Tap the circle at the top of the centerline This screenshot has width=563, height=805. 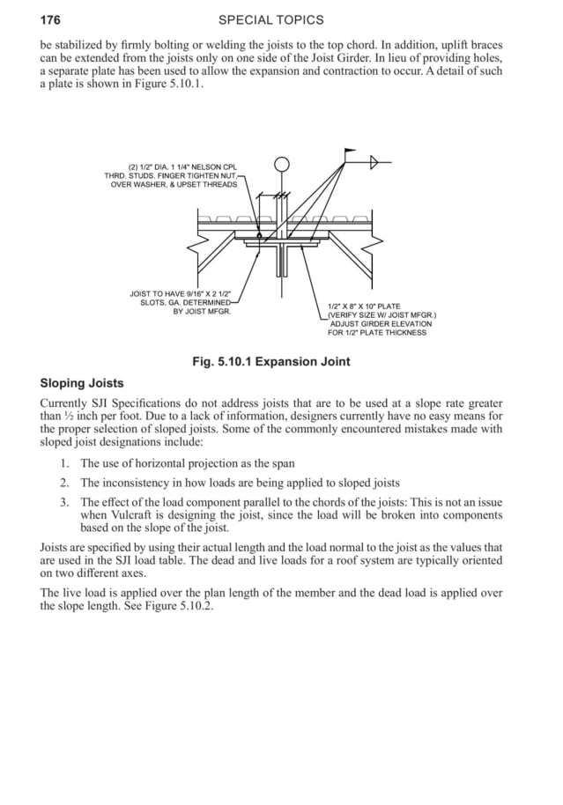(282, 164)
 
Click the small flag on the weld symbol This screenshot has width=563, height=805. (350, 154)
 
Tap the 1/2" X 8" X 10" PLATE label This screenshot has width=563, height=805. (364, 306)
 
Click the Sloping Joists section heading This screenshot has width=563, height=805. (82, 384)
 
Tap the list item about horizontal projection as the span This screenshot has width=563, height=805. (187, 463)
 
